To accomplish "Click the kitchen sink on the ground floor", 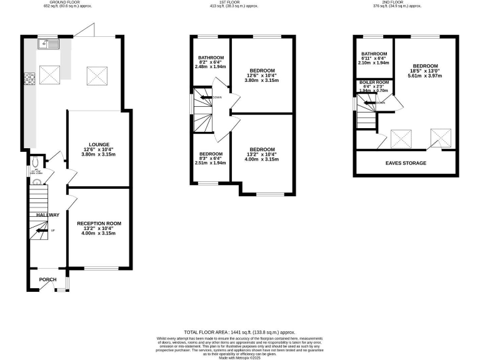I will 47,44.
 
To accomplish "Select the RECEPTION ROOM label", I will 99,223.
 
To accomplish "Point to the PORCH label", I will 48,279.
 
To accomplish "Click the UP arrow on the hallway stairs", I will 42,231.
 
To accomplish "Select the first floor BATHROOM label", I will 211,57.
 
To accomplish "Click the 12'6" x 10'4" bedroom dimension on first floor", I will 262,76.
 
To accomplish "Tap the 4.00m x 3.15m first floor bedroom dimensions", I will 262,160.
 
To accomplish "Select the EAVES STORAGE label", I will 406,163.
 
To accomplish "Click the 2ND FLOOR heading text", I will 405,2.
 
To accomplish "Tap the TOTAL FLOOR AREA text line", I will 239,332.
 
